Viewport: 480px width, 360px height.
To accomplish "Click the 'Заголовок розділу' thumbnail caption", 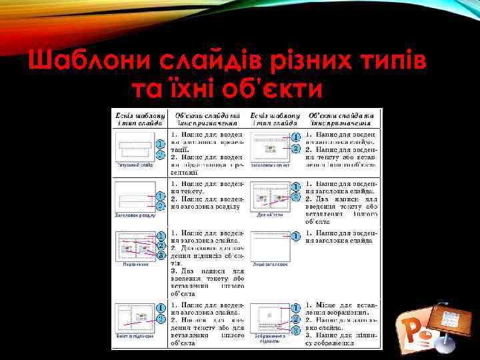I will pos(135,215).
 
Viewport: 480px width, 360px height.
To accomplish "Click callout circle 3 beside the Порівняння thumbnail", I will pos(161,255).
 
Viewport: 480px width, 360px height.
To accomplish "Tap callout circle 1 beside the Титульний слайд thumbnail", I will pos(161,143).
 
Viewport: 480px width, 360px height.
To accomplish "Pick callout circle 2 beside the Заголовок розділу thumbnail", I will pos(161,205).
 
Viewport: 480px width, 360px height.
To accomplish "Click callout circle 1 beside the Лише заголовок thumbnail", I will pos(295,236).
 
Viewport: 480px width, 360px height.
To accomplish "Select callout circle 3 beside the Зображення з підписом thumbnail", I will pos(295,330).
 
